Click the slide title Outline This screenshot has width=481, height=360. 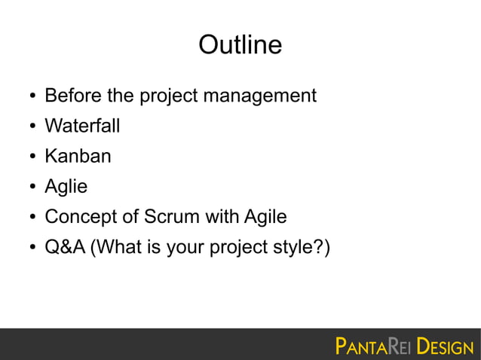point(240,46)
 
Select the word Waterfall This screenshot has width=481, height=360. point(82,127)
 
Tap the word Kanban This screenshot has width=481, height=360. point(78,157)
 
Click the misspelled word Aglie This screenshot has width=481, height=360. point(66,188)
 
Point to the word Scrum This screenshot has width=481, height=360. point(170,217)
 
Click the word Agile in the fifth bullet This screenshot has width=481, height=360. point(265,217)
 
